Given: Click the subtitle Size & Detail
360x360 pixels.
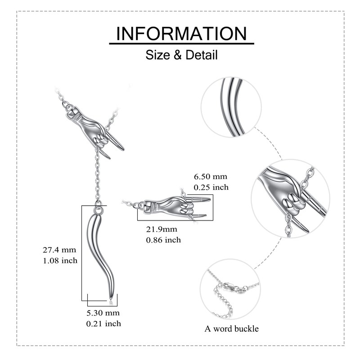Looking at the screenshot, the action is tap(181, 55).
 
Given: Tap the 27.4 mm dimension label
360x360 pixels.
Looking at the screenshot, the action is tap(59, 250).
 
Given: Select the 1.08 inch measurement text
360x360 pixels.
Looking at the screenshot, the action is tap(59, 260).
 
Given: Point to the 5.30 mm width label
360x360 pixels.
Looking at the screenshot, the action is tap(103, 313).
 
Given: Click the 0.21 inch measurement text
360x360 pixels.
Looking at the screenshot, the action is tap(103, 323).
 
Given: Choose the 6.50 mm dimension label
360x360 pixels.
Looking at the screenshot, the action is tap(211, 177).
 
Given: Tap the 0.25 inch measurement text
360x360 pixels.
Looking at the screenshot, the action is tap(211, 187).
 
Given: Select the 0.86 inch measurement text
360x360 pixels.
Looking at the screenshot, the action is tap(163, 240).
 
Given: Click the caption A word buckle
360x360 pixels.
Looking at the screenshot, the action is tap(232, 328).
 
